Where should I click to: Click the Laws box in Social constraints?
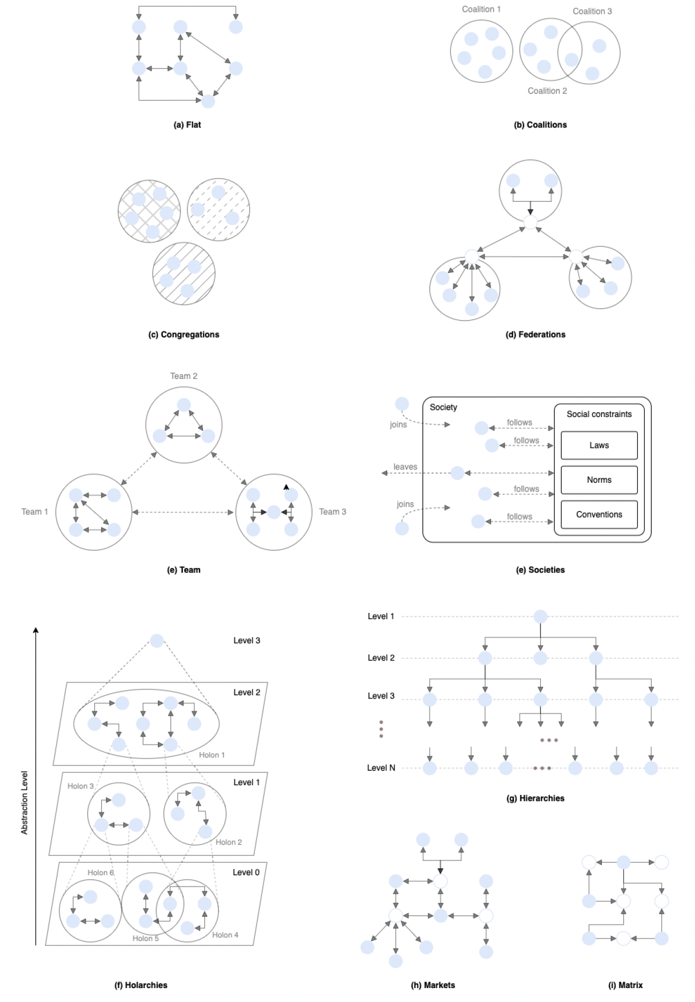[x=599, y=445]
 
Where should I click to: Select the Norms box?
[x=599, y=480]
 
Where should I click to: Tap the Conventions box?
[x=599, y=514]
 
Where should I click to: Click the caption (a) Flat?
[x=187, y=125]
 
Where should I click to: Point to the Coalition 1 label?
[x=481, y=9]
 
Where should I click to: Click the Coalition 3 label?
[x=592, y=11]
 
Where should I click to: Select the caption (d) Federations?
[x=535, y=335]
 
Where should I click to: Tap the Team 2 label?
[x=184, y=376]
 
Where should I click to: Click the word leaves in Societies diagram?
[x=405, y=467]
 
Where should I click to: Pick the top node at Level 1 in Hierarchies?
[x=540, y=617]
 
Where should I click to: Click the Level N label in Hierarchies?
[x=381, y=768]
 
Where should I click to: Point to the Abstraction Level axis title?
[x=24, y=802]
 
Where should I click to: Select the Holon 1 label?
[x=211, y=755]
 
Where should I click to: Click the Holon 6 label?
[x=101, y=873]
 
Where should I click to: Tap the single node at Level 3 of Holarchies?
[x=156, y=641]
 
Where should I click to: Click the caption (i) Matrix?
[x=625, y=985]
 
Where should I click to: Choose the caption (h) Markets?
[x=433, y=985]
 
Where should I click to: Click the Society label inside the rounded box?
[x=443, y=407]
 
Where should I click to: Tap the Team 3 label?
[x=333, y=512]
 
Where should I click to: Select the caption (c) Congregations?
[x=184, y=335]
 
